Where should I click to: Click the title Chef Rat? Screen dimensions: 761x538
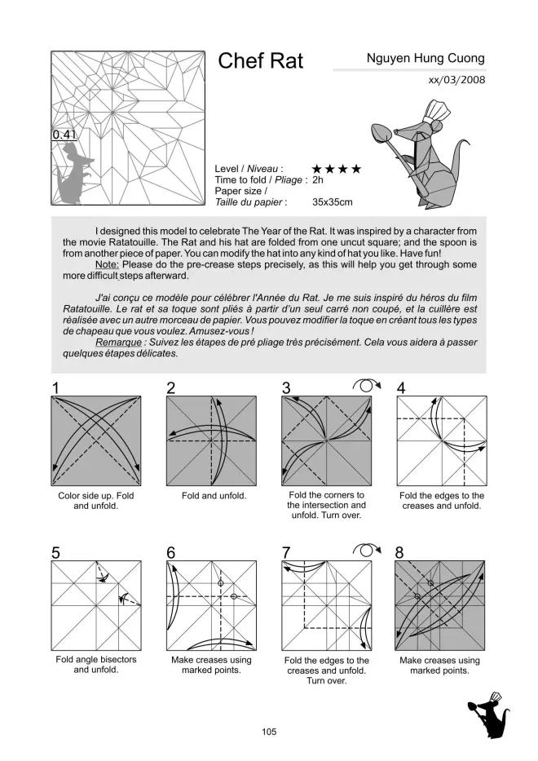pos(261,62)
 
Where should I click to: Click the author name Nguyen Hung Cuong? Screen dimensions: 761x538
pos(426,59)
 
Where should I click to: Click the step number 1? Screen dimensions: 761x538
pos(55,388)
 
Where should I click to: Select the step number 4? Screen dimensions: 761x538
pos(401,388)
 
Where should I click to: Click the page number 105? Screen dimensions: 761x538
pos(269,732)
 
